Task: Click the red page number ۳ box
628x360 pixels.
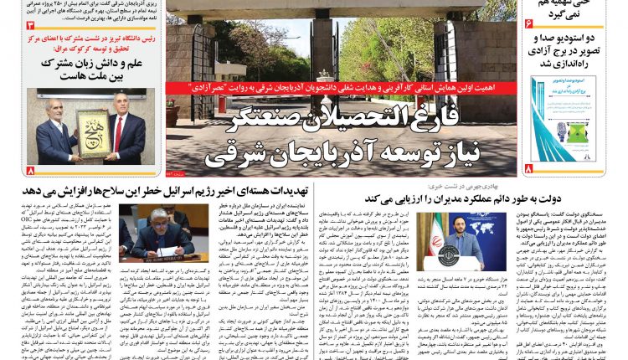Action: (x=30, y=28)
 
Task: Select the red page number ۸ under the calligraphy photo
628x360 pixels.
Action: (x=31, y=170)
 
